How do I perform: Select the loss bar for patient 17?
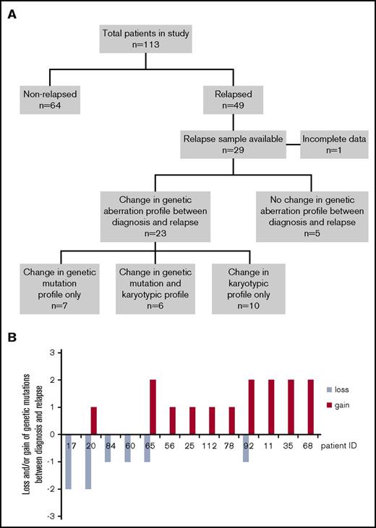pos(69,462)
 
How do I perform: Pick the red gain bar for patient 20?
pos(94,420)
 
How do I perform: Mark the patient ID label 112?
pos(213,446)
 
